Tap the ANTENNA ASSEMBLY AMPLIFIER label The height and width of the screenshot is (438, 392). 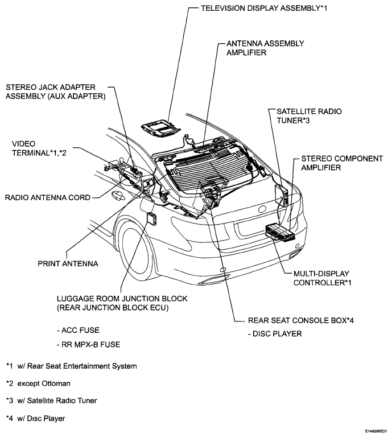tap(265, 48)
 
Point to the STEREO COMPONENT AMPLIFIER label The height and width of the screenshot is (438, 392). tap(341, 163)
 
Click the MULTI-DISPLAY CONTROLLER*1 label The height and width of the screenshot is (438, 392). tap(318, 278)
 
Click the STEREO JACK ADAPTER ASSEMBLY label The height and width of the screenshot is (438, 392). tap(55, 92)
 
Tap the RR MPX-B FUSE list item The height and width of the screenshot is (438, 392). tap(89, 345)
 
